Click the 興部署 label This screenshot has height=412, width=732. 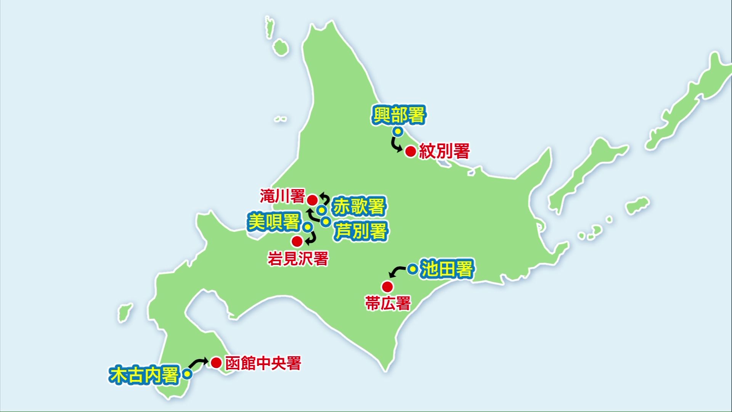tap(398, 115)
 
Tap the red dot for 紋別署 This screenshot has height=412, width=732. tap(411, 151)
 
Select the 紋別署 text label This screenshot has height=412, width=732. tap(444, 151)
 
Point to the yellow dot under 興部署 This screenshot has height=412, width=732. tap(398, 132)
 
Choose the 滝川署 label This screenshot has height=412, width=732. tap(283, 196)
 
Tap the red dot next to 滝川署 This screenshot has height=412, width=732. tap(312, 200)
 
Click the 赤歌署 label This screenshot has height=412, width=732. tap(358, 207)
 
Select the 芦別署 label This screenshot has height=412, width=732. tap(361, 231)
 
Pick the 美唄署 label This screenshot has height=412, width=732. tap(274, 222)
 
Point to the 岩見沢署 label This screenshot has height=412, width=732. tap(298, 259)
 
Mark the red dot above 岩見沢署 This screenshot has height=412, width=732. tap(297, 241)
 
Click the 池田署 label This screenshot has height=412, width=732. tap(447, 269)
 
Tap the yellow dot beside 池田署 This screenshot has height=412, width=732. tap(412, 269)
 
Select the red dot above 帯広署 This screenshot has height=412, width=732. tap(387, 286)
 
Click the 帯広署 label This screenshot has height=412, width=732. tap(388, 304)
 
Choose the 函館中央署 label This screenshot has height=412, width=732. tap(263, 363)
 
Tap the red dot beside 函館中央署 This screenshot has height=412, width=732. tap(216, 362)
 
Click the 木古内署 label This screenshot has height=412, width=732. tap(144, 375)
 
